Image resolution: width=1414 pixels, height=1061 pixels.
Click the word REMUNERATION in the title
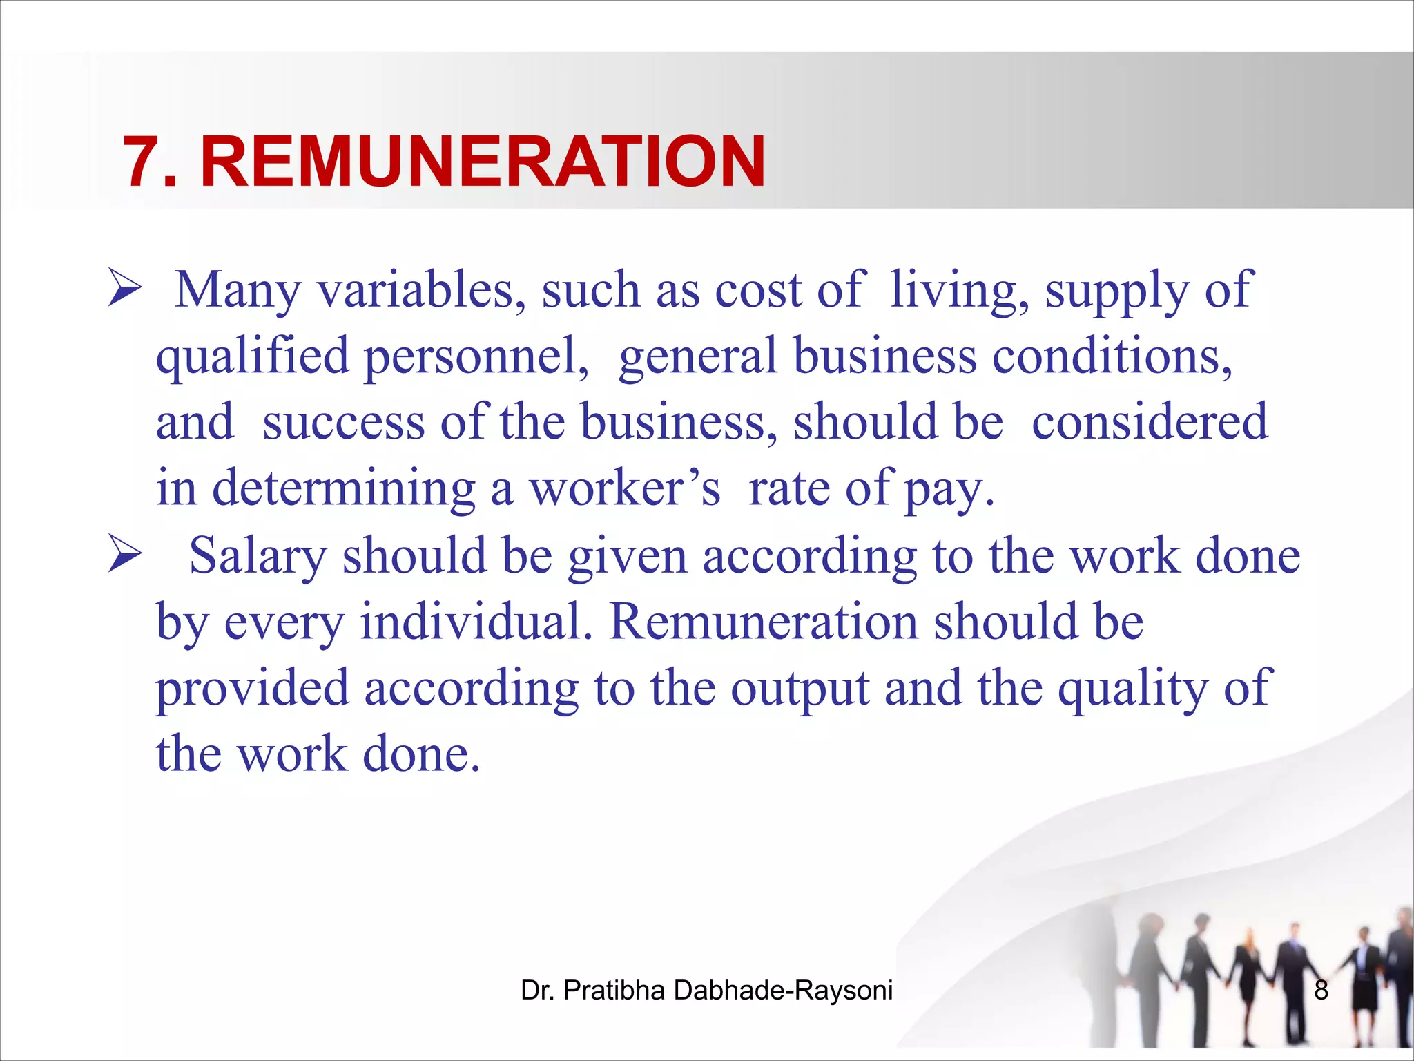[483, 162]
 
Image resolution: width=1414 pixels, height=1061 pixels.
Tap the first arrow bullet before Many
[125, 289]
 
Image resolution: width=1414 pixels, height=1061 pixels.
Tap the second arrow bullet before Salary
[125, 556]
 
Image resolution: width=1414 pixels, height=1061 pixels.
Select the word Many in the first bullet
[238, 290]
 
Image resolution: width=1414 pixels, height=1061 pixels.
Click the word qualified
[253, 356]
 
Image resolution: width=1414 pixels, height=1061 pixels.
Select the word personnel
[475, 356]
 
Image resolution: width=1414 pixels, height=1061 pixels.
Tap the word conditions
[1112, 356]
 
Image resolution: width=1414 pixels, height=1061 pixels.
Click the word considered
[1150, 421]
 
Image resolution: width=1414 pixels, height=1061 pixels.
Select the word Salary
[258, 556]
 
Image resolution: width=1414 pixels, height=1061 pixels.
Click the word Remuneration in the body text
[764, 622]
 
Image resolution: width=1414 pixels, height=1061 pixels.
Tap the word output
[800, 688]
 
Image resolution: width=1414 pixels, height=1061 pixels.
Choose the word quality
[1132, 688]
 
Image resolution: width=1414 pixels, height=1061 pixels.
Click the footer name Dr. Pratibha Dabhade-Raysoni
[706, 991]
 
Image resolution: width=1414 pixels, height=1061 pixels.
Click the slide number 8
[1321, 991]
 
